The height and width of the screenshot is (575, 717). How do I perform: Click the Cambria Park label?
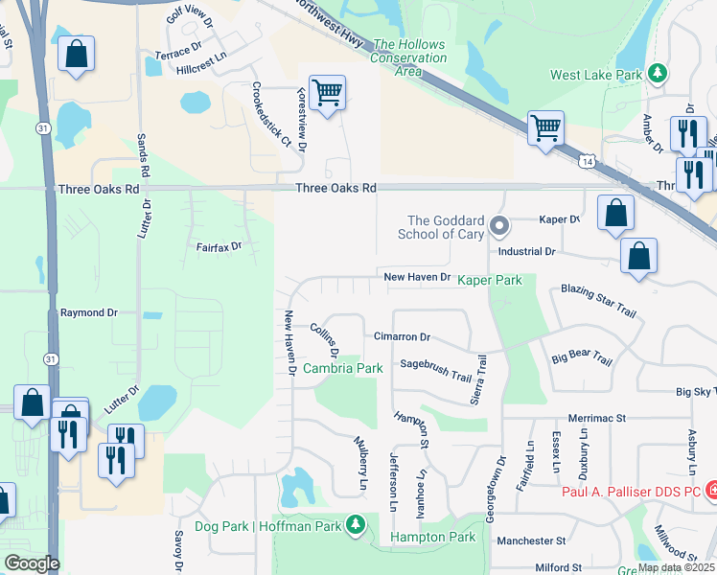[343, 368]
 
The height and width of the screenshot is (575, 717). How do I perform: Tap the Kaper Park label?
[489, 280]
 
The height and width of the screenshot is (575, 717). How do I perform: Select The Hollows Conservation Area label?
[409, 57]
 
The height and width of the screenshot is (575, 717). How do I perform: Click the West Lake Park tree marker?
[657, 74]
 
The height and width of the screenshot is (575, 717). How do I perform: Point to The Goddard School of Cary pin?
[498, 227]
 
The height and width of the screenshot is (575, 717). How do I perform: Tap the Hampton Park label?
[433, 538]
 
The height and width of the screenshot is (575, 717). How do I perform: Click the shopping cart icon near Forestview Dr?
[327, 94]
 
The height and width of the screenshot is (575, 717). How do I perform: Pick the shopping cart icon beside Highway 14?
[545, 128]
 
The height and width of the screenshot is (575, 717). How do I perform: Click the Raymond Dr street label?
[88, 312]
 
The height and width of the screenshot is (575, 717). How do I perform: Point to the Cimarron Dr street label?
[402, 337]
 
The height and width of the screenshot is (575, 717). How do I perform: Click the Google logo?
[32, 563]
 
